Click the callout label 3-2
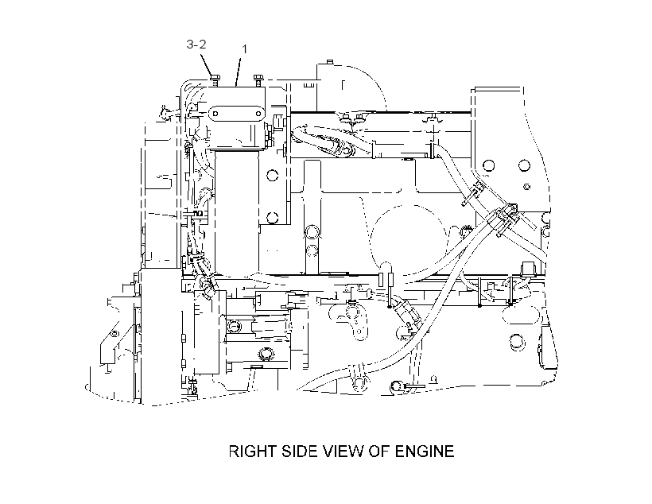pyautogui.click(x=196, y=44)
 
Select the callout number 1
pyautogui.click(x=245, y=49)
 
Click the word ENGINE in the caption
pyautogui.click(x=425, y=452)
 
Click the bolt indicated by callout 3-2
pyautogui.click(x=215, y=80)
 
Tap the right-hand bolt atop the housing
pyautogui.click(x=258, y=80)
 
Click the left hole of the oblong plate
pyautogui.click(x=215, y=114)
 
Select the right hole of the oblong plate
pyautogui.click(x=255, y=114)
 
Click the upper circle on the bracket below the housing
pyautogui.click(x=272, y=174)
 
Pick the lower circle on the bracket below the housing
pyautogui.click(x=272, y=217)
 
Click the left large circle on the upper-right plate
pyautogui.click(x=489, y=165)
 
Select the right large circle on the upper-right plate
pyautogui.click(x=524, y=165)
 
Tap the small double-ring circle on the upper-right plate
pyautogui.click(x=527, y=187)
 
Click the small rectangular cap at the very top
pyautogui.click(x=330, y=62)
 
